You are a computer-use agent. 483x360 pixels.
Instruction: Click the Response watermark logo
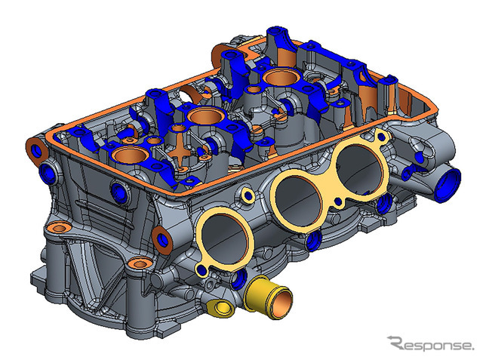click(x=431, y=343)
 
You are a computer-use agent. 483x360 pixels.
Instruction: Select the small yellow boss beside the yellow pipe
click(x=220, y=308)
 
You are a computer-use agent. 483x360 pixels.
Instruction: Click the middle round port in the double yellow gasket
click(x=298, y=202)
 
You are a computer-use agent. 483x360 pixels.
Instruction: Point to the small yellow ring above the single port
click(x=248, y=194)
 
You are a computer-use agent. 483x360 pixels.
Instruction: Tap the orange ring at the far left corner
click(x=36, y=150)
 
